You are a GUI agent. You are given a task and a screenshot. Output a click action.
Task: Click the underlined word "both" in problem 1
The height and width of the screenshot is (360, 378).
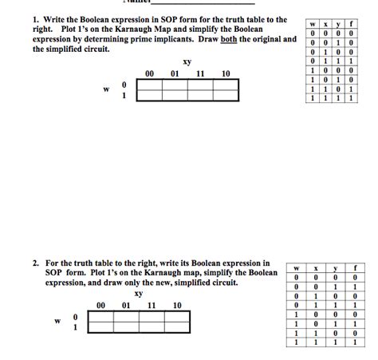click(x=240, y=38)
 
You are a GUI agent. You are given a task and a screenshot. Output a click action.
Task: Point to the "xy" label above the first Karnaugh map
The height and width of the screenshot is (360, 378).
click(x=187, y=61)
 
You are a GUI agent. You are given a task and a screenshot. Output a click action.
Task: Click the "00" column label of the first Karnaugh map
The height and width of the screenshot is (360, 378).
click(x=149, y=73)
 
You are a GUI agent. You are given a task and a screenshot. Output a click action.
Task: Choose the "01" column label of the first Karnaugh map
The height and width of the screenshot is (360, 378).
click(x=175, y=73)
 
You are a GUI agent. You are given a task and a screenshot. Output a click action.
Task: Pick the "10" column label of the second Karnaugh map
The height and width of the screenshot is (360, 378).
click(x=176, y=305)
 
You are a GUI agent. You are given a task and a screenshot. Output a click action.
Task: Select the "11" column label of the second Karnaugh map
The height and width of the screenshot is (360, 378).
click(x=152, y=305)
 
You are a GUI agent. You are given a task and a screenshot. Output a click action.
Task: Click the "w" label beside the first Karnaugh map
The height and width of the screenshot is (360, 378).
click(x=105, y=89)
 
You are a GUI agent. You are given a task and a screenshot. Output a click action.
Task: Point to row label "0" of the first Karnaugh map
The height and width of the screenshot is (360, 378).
click(x=124, y=84)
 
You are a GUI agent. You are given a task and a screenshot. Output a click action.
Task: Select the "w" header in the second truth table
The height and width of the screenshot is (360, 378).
click(x=295, y=267)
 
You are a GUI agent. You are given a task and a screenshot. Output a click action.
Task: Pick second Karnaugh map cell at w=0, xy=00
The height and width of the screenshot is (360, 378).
click(x=100, y=316)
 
